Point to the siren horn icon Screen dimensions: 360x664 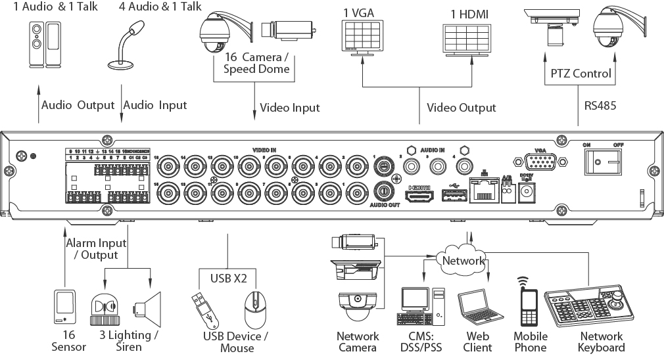point(147,309)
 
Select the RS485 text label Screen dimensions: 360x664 point(600,105)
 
